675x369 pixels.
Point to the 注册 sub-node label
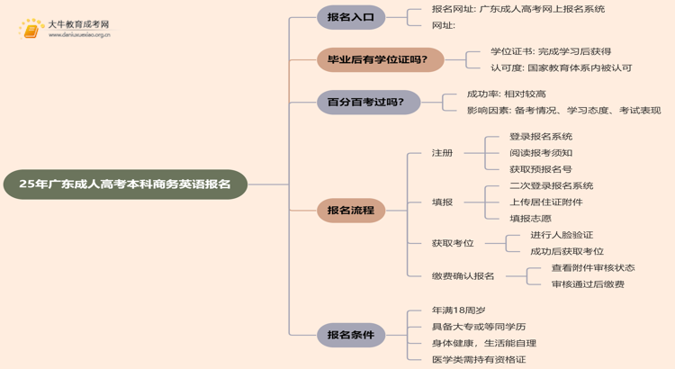click(x=442, y=153)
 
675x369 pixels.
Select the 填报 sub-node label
click(x=442, y=202)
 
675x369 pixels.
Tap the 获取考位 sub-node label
click(x=453, y=243)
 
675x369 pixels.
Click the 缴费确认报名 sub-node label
click(x=463, y=276)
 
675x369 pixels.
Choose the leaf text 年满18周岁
click(x=459, y=310)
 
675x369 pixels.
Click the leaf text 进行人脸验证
click(x=562, y=235)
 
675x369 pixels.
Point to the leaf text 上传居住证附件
click(x=545, y=202)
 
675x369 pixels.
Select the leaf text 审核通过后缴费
click(x=588, y=284)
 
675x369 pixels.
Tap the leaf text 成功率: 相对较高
click(x=506, y=94)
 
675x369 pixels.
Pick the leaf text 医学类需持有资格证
click(x=479, y=359)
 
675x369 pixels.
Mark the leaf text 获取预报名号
click(x=540, y=169)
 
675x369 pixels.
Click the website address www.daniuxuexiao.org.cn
click(x=79, y=36)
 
